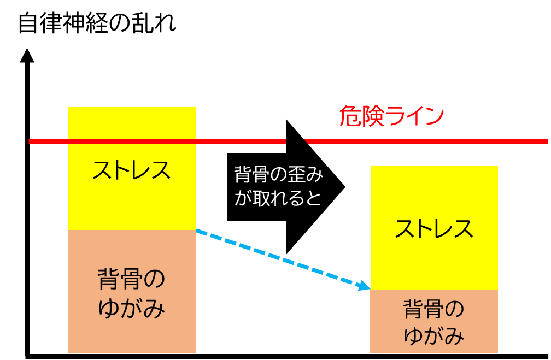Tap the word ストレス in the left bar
point(132,170)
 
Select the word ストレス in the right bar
point(434,229)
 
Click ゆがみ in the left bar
point(132,309)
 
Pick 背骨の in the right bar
point(434,309)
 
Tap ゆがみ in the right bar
point(434,335)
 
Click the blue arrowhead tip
point(368,288)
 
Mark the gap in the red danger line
point(295,141)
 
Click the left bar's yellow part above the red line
point(132,122)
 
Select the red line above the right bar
point(434,141)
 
